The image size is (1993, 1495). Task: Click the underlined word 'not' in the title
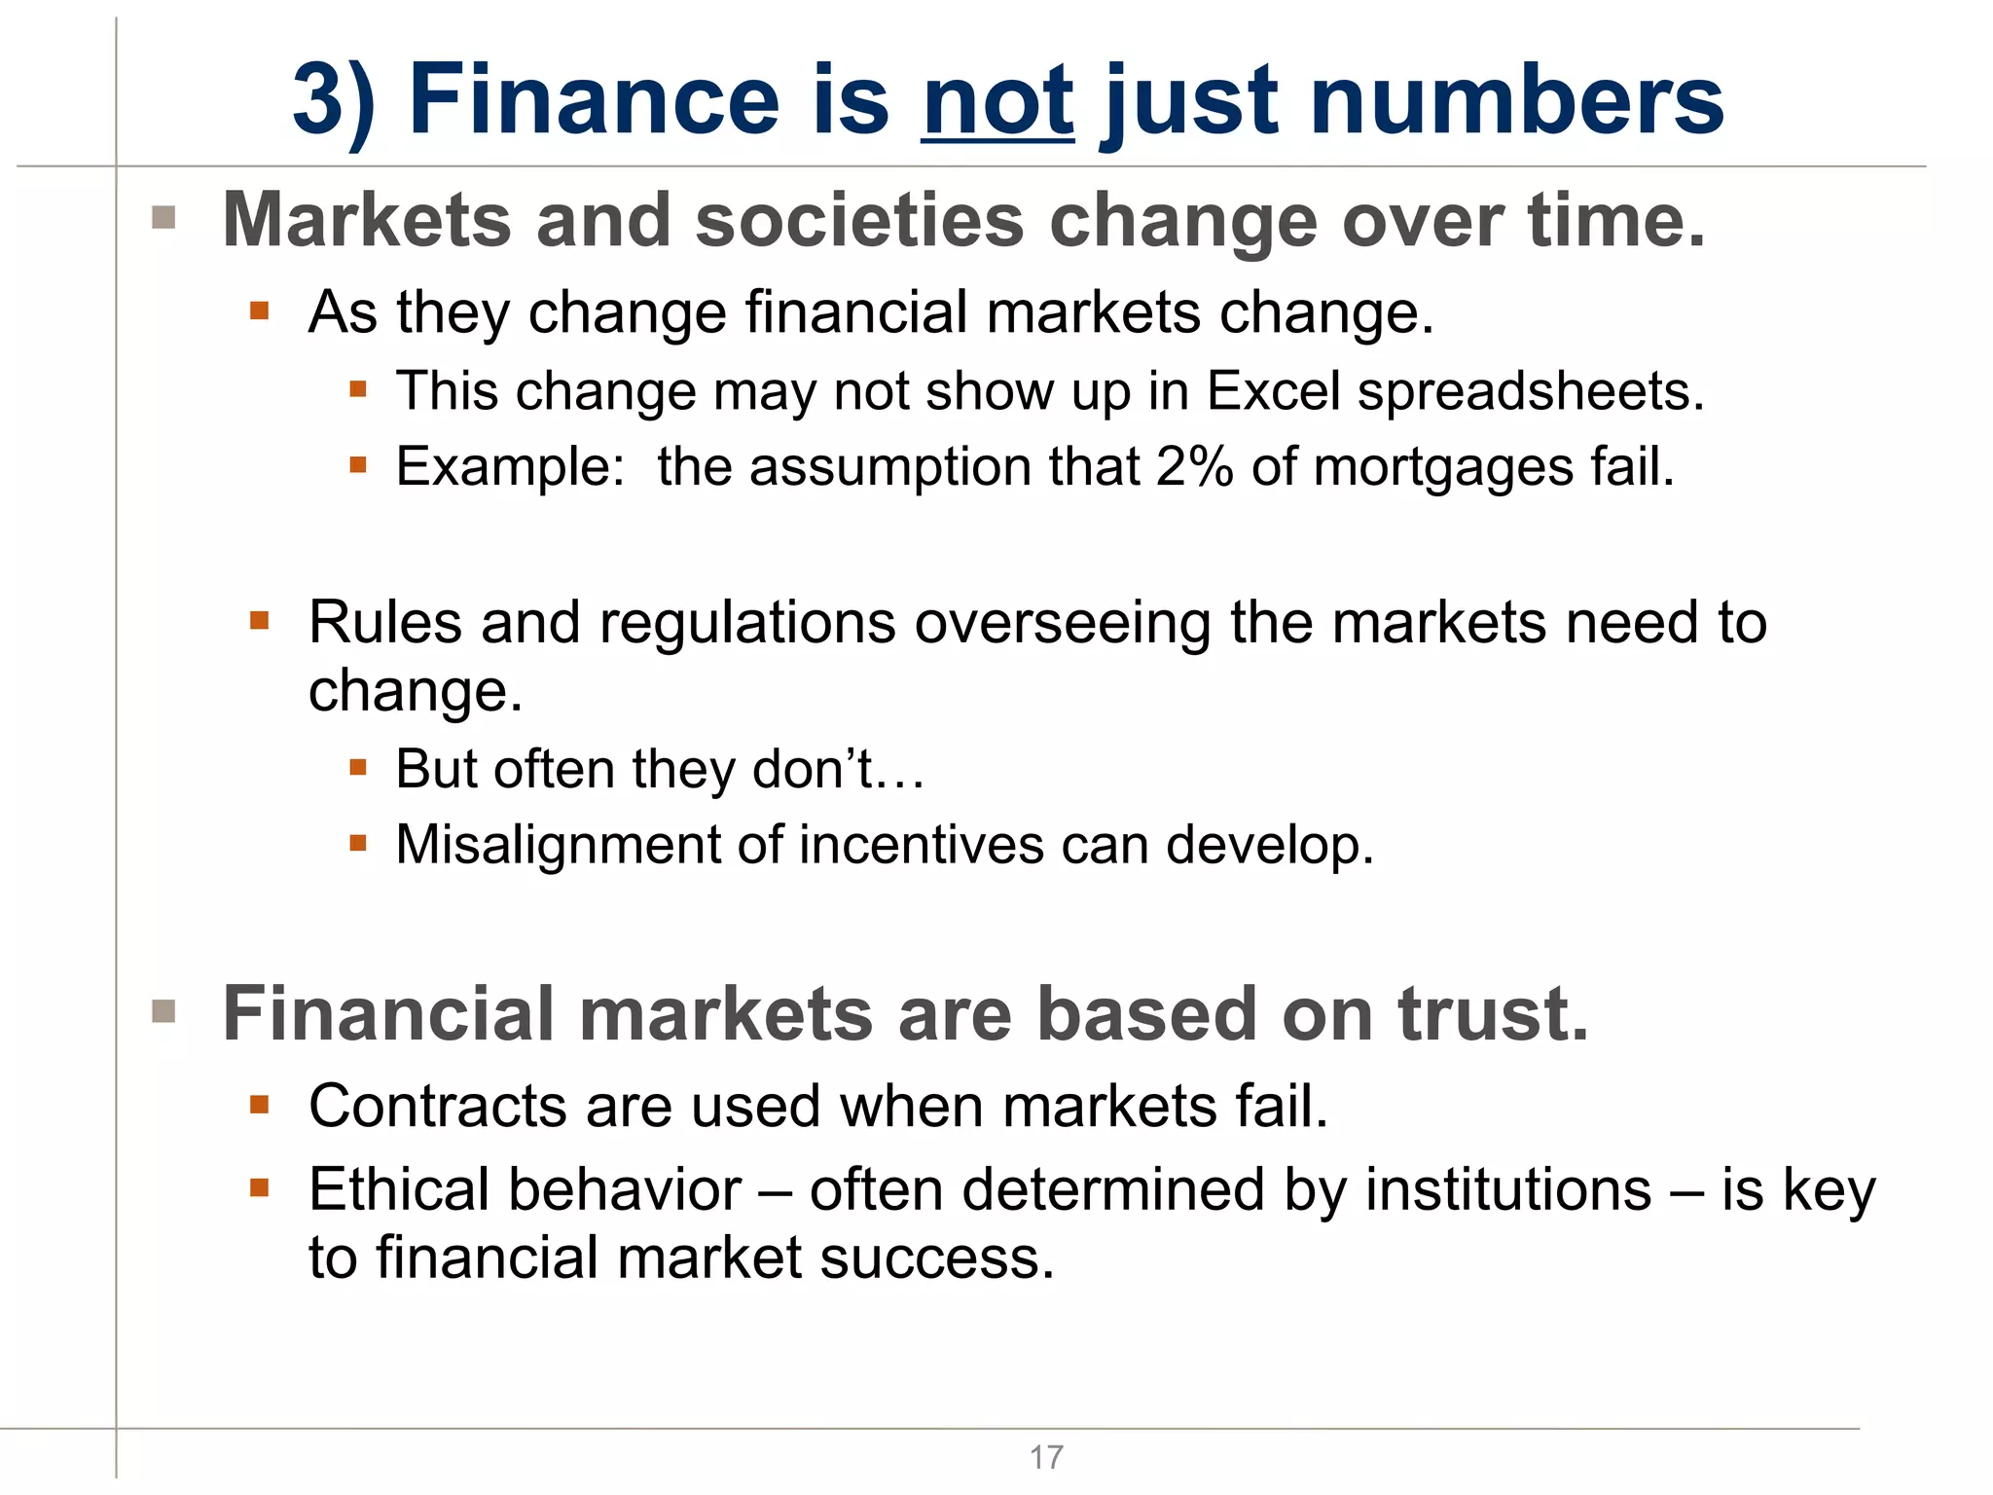[x=997, y=101]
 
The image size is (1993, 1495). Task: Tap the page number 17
[x=1046, y=1457]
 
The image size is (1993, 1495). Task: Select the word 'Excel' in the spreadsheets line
[x=1273, y=392]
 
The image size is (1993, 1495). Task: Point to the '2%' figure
[x=1194, y=467]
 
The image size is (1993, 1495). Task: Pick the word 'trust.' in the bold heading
[x=1493, y=1014]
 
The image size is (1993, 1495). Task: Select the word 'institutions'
[x=1508, y=1190]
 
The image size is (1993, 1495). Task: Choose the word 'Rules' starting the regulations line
[x=385, y=623]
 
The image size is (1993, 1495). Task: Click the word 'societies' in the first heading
[x=860, y=221]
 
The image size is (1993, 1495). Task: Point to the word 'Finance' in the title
[x=594, y=101]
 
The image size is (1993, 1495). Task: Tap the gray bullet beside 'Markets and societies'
[x=163, y=217]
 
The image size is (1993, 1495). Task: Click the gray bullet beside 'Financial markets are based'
[x=163, y=1011]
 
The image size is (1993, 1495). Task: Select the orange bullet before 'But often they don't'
[x=358, y=768]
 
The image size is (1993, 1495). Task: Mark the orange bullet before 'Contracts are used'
[x=259, y=1104]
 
